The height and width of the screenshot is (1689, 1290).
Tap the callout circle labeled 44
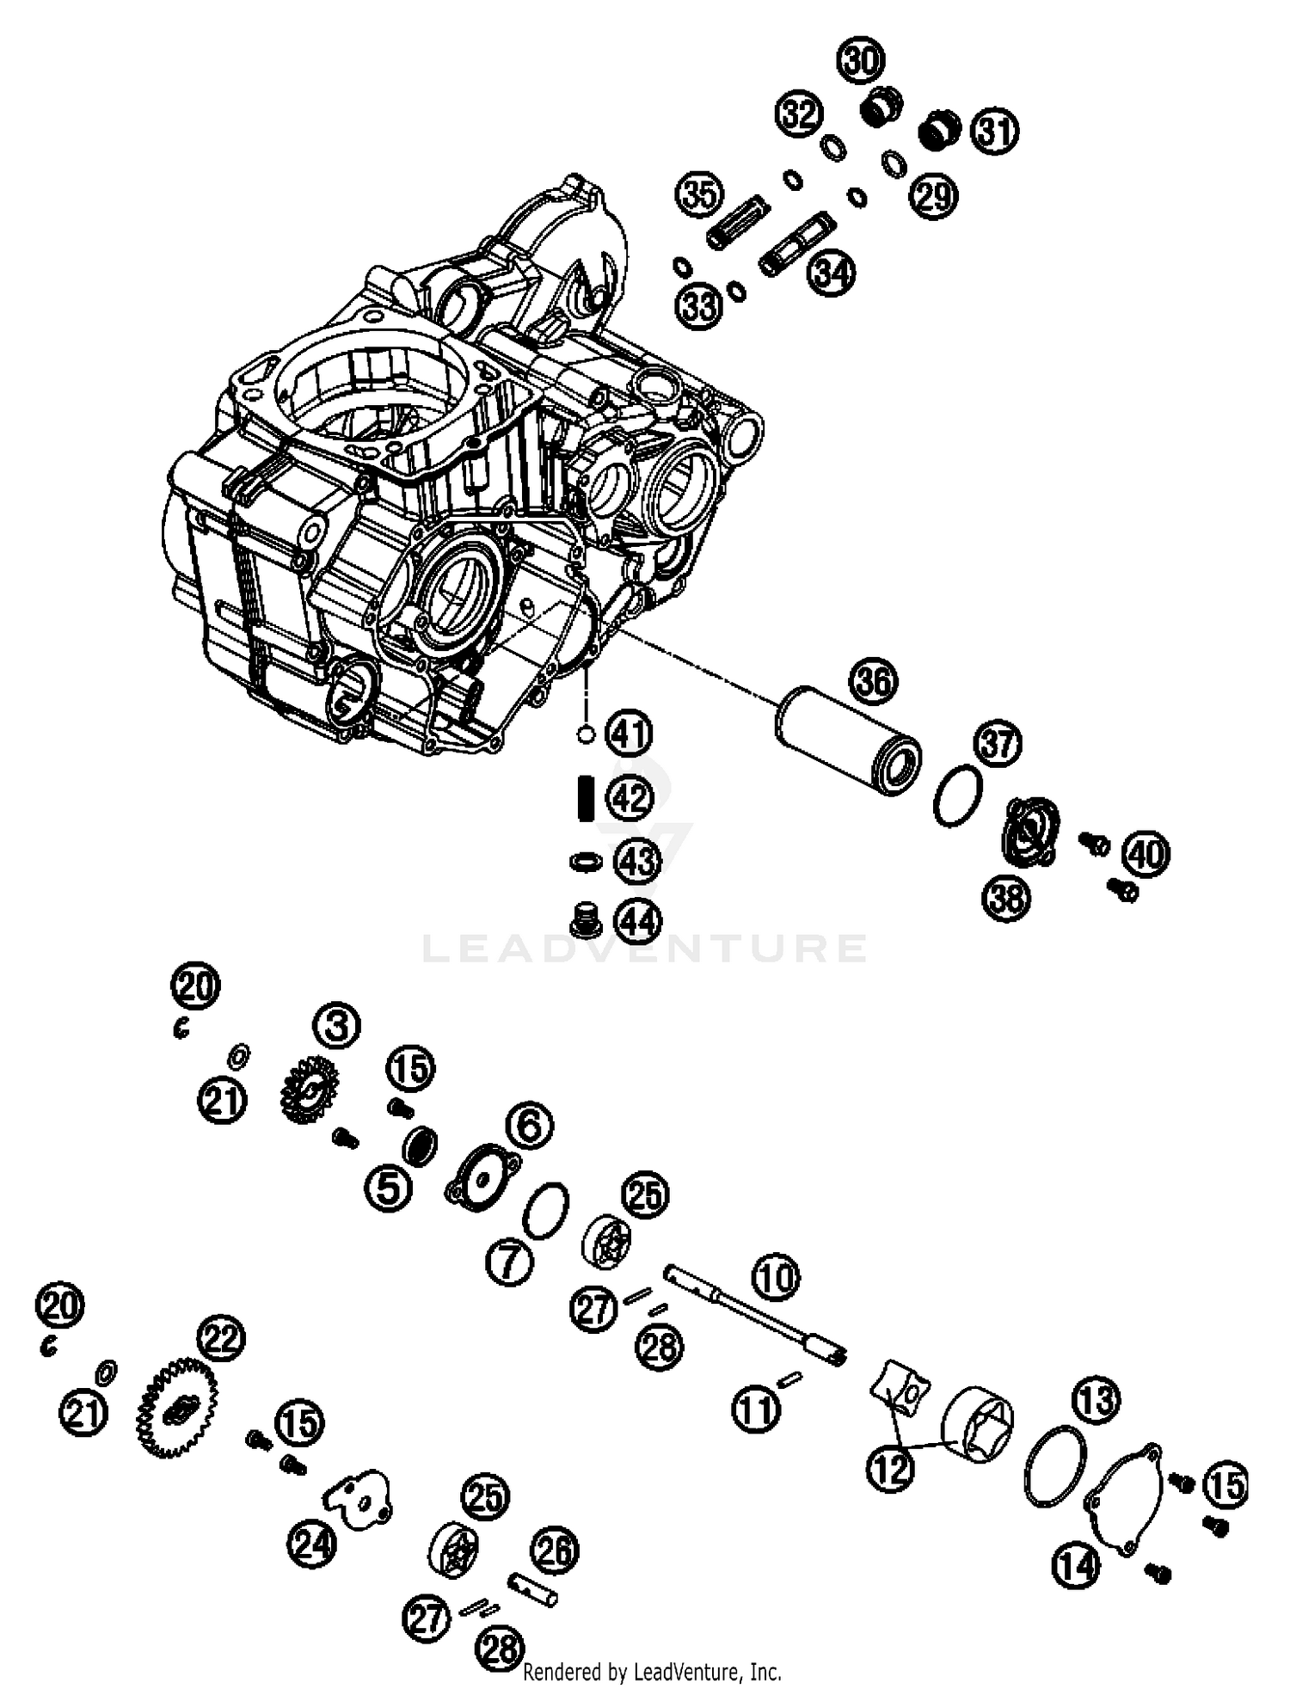[638, 922]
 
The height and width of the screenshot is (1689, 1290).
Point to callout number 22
[221, 1338]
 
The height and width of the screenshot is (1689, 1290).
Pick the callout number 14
[1076, 1566]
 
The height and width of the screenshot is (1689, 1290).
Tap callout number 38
[1006, 899]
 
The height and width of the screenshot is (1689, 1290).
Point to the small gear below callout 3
[308, 1090]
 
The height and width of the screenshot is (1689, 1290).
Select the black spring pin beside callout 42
[586, 798]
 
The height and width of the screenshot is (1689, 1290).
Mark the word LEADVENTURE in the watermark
[645, 948]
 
